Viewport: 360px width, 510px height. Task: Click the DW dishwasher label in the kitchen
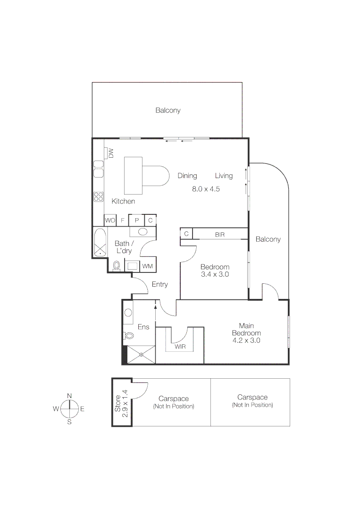click(111, 153)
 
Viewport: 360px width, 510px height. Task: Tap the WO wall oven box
click(110, 220)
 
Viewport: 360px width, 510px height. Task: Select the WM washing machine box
click(148, 266)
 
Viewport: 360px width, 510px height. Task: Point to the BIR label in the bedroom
click(220, 234)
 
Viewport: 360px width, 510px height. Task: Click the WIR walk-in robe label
click(180, 347)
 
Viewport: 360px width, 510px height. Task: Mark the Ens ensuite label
click(143, 327)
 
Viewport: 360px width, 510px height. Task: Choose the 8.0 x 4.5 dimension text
click(206, 189)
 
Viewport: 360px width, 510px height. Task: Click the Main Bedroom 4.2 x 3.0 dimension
click(246, 340)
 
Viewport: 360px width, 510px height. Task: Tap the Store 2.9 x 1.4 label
click(121, 401)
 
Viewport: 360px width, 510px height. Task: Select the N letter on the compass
click(69, 396)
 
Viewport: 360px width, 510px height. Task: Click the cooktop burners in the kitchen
click(99, 196)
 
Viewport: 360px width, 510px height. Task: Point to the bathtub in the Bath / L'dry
click(100, 243)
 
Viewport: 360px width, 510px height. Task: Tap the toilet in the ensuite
click(128, 336)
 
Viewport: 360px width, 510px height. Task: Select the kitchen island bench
click(133, 176)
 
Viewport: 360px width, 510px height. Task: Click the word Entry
click(159, 284)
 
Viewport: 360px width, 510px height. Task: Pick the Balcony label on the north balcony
click(168, 110)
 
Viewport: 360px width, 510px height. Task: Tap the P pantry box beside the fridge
click(137, 220)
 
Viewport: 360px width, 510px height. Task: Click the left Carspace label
click(173, 398)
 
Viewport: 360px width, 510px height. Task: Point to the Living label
click(224, 176)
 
